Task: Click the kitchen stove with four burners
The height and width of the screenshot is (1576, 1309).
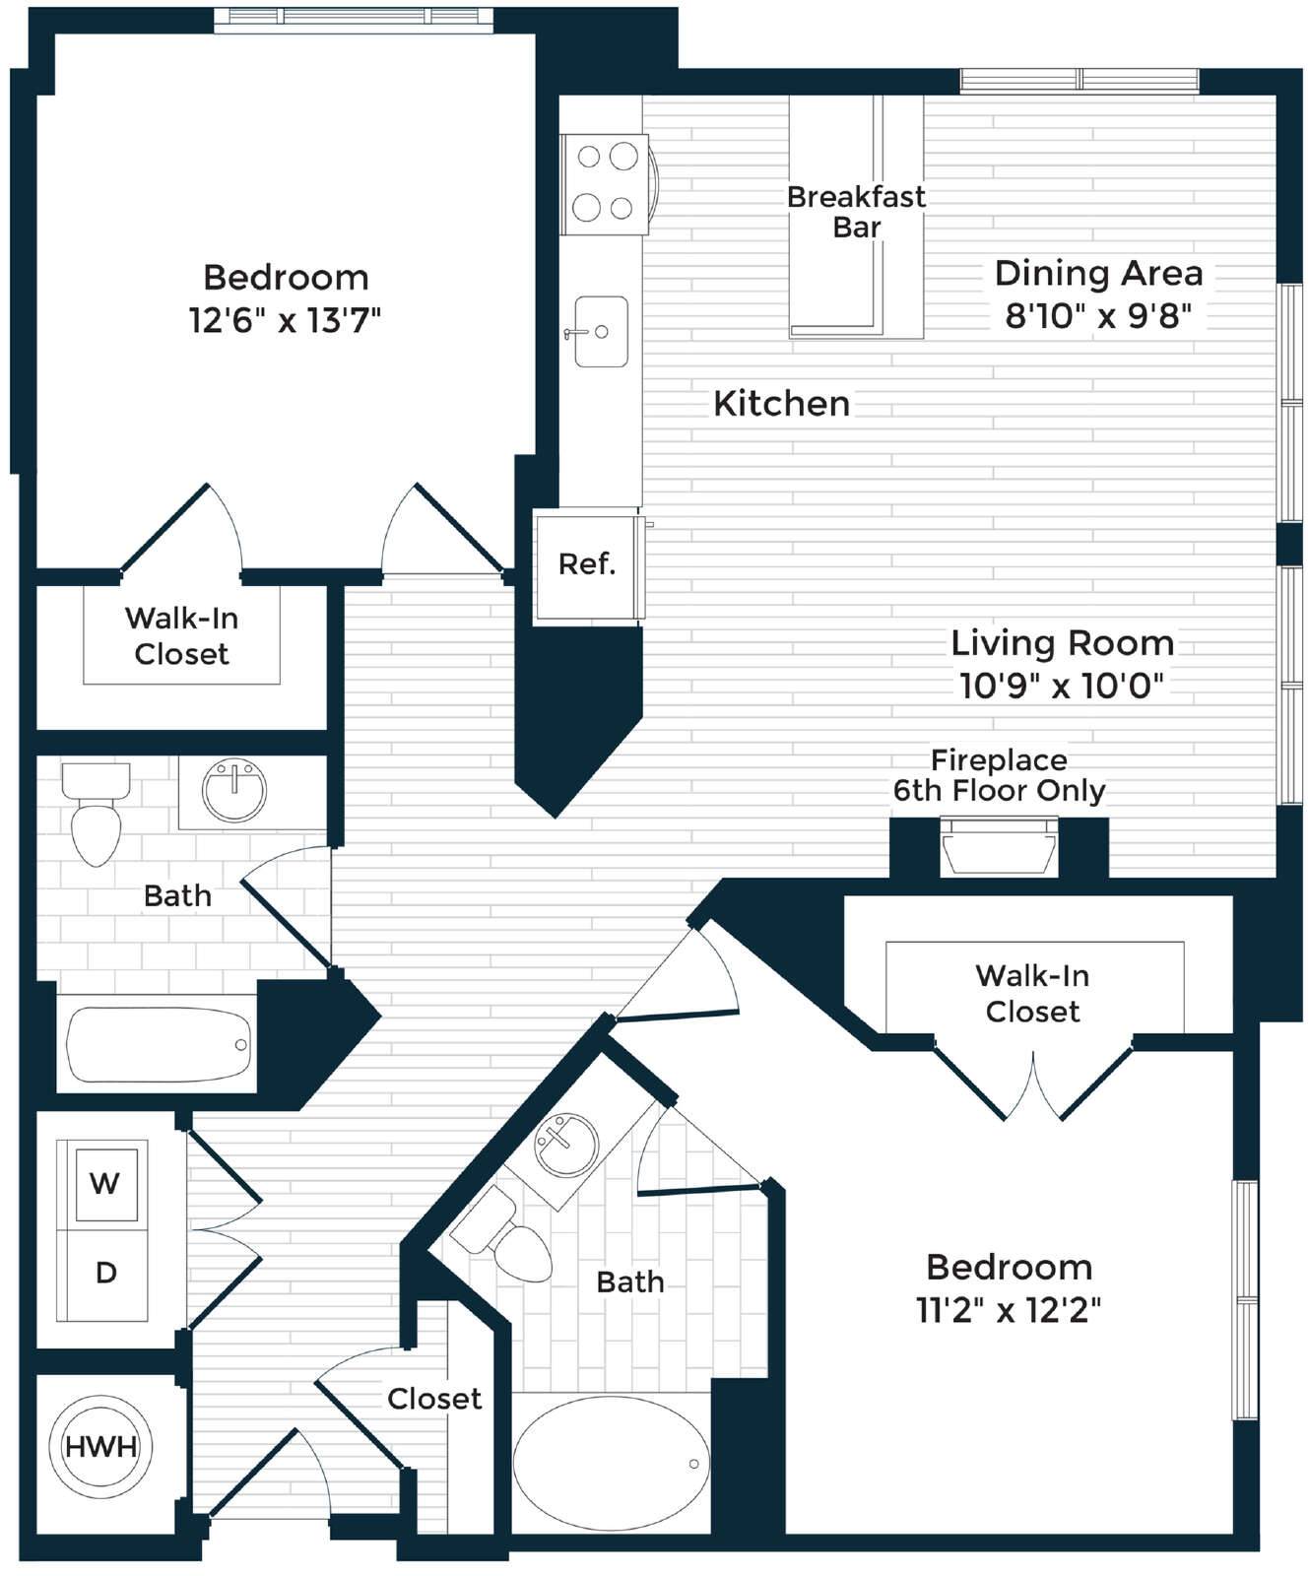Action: tap(606, 184)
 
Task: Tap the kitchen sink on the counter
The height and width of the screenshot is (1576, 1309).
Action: tap(600, 332)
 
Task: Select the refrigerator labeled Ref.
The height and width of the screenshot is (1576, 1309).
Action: tap(588, 565)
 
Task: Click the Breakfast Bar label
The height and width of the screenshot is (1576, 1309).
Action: tap(856, 212)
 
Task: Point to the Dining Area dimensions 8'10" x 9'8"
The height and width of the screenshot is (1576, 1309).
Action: tap(1098, 316)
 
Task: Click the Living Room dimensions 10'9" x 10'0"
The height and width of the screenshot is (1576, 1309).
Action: tap(1062, 686)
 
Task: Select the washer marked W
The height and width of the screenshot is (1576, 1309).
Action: tap(103, 1184)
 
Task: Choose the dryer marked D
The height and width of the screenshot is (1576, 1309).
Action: tap(103, 1275)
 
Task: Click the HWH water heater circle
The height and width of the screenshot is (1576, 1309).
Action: tap(100, 1446)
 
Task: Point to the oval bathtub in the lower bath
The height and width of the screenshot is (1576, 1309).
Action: tap(611, 1464)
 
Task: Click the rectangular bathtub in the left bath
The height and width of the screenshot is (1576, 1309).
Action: tap(158, 1044)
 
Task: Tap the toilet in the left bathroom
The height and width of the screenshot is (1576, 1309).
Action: tap(96, 814)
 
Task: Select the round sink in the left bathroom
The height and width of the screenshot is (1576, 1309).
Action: tap(234, 790)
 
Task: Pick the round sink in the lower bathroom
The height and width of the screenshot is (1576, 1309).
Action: tap(564, 1145)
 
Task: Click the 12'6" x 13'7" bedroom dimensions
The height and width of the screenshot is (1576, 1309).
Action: tap(285, 320)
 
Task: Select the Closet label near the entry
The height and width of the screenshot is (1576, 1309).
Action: tap(434, 1399)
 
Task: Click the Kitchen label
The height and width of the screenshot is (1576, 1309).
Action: tap(781, 404)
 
